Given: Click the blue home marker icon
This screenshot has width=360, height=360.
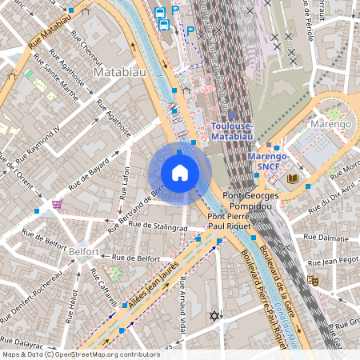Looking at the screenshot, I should click(179, 173).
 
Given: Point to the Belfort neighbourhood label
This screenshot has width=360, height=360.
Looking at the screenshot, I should click(83, 252).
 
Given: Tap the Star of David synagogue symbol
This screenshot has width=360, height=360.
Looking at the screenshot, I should click(213, 316).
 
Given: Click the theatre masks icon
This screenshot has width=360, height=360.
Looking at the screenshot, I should click(313, 281).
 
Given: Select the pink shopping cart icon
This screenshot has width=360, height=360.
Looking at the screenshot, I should click(57, 205).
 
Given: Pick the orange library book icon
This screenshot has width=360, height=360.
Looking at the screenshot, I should click(293, 178).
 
